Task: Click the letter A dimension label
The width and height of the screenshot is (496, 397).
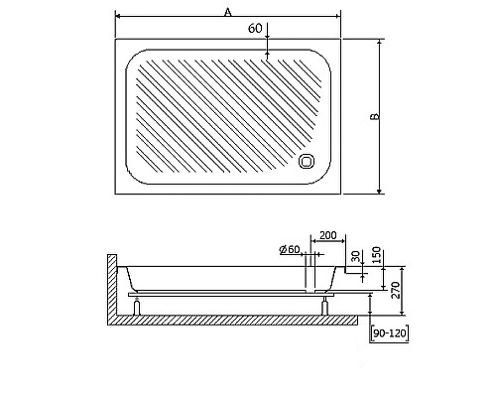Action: [228, 11]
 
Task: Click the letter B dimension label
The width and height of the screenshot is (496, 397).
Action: [374, 116]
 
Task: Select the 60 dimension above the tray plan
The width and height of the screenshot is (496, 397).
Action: [255, 29]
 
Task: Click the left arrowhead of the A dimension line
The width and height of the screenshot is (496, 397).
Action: [119, 17]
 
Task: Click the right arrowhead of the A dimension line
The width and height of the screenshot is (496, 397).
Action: [337, 17]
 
